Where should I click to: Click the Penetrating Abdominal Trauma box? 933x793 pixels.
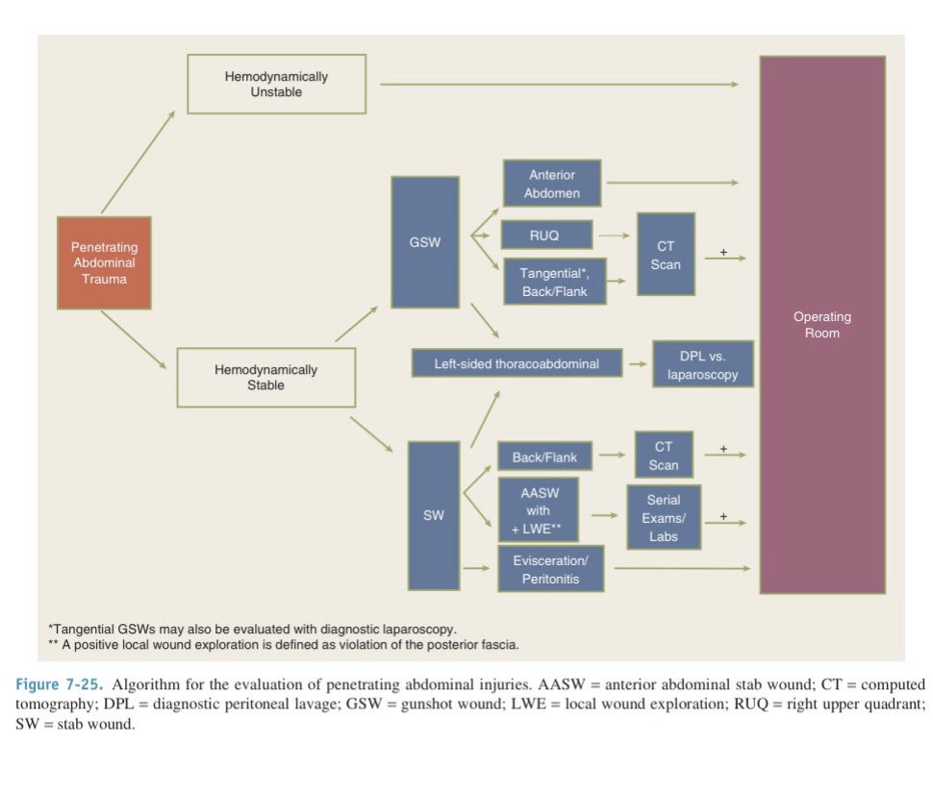pyautogui.click(x=104, y=263)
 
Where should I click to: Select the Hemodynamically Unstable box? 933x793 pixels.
pyautogui.click(x=276, y=84)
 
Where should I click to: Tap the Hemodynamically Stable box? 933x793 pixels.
pyautogui.click(x=265, y=377)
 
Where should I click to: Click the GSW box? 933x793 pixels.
pyautogui.click(x=425, y=242)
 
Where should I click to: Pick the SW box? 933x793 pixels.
pyautogui.click(x=433, y=515)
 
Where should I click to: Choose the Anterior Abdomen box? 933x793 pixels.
pyautogui.click(x=552, y=184)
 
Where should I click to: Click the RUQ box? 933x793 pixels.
pyautogui.click(x=543, y=235)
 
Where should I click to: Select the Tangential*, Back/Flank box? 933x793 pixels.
pyautogui.click(x=555, y=282)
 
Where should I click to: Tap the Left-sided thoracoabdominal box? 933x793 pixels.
pyautogui.click(x=516, y=364)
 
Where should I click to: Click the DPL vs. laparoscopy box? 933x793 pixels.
pyautogui.click(x=702, y=364)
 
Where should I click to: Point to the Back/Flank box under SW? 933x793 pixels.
pyautogui.click(x=544, y=458)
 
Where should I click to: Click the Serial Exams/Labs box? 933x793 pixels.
pyautogui.click(x=664, y=516)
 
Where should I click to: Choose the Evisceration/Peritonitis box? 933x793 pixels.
pyautogui.click(x=550, y=569)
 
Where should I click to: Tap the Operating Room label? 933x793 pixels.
pyautogui.click(x=821, y=325)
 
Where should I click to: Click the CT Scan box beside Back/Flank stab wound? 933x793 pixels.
pyautogui.click(x=664, y=456)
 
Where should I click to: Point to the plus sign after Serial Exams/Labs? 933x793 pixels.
pyautogui.click(x=723, y=516)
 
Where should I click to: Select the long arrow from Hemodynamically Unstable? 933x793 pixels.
pyautogui.click(x=558, y=85)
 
